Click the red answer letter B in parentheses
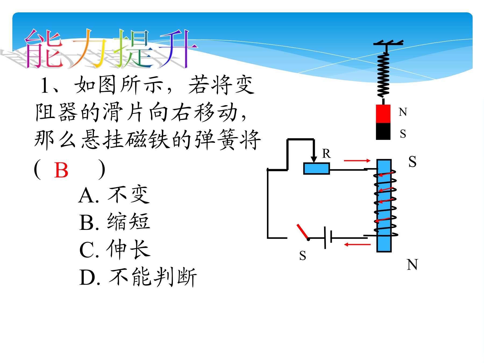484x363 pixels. point(61,170)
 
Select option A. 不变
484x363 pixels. point(114,194)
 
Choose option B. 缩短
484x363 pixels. point(115,222)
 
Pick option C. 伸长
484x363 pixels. point(115,249)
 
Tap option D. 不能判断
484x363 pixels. point(138,277)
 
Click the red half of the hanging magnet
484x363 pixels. point(383,114)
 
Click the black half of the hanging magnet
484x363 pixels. point(383,131)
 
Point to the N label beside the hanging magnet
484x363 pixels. point(403,112)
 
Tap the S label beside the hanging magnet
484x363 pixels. point(403,134)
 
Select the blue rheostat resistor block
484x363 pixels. point(316,169)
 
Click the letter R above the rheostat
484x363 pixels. point(326,154)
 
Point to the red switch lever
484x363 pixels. point(302,232)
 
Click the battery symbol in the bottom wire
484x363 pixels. point(328,238)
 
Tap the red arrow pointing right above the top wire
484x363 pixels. point(357,161)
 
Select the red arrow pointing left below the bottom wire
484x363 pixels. point(357,244)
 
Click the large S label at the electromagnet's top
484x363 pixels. point(412,162)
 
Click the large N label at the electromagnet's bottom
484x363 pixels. point(412,265)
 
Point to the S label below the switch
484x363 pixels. point(303,255)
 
